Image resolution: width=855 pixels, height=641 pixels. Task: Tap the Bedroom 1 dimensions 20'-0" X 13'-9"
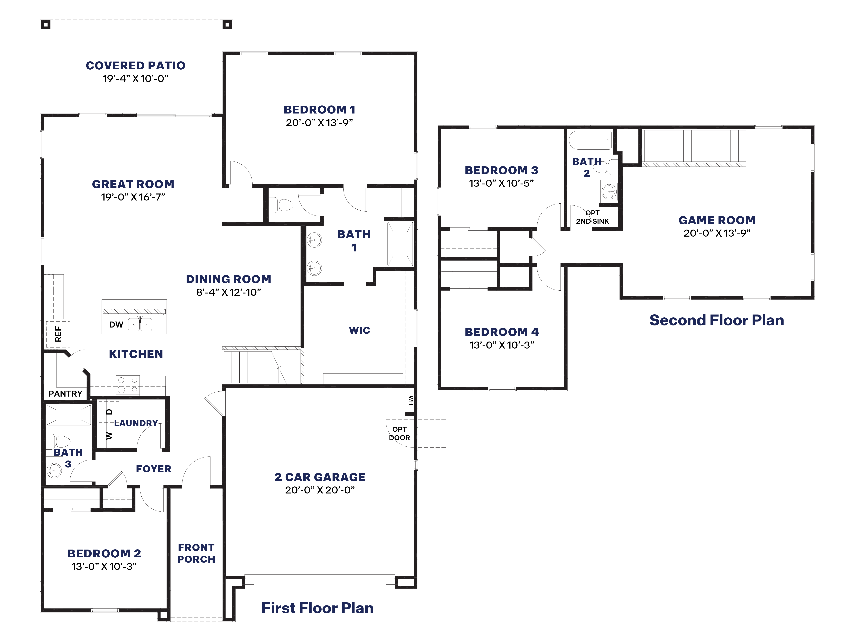[x=319, y=123]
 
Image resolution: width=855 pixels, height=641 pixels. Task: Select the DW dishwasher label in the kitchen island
[x=116, y=325]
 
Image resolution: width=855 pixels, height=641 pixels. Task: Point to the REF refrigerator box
[x=58, y=334]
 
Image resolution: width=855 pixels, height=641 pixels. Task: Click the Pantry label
[x=65, y=394]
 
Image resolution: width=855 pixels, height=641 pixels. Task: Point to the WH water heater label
[x=411, y=401]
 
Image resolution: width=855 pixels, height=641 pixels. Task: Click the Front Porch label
[x=196, y=553]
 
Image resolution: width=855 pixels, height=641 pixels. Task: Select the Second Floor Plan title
[x=717, y=320]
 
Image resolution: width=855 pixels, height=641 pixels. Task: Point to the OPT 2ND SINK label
[x=592, y=217]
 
